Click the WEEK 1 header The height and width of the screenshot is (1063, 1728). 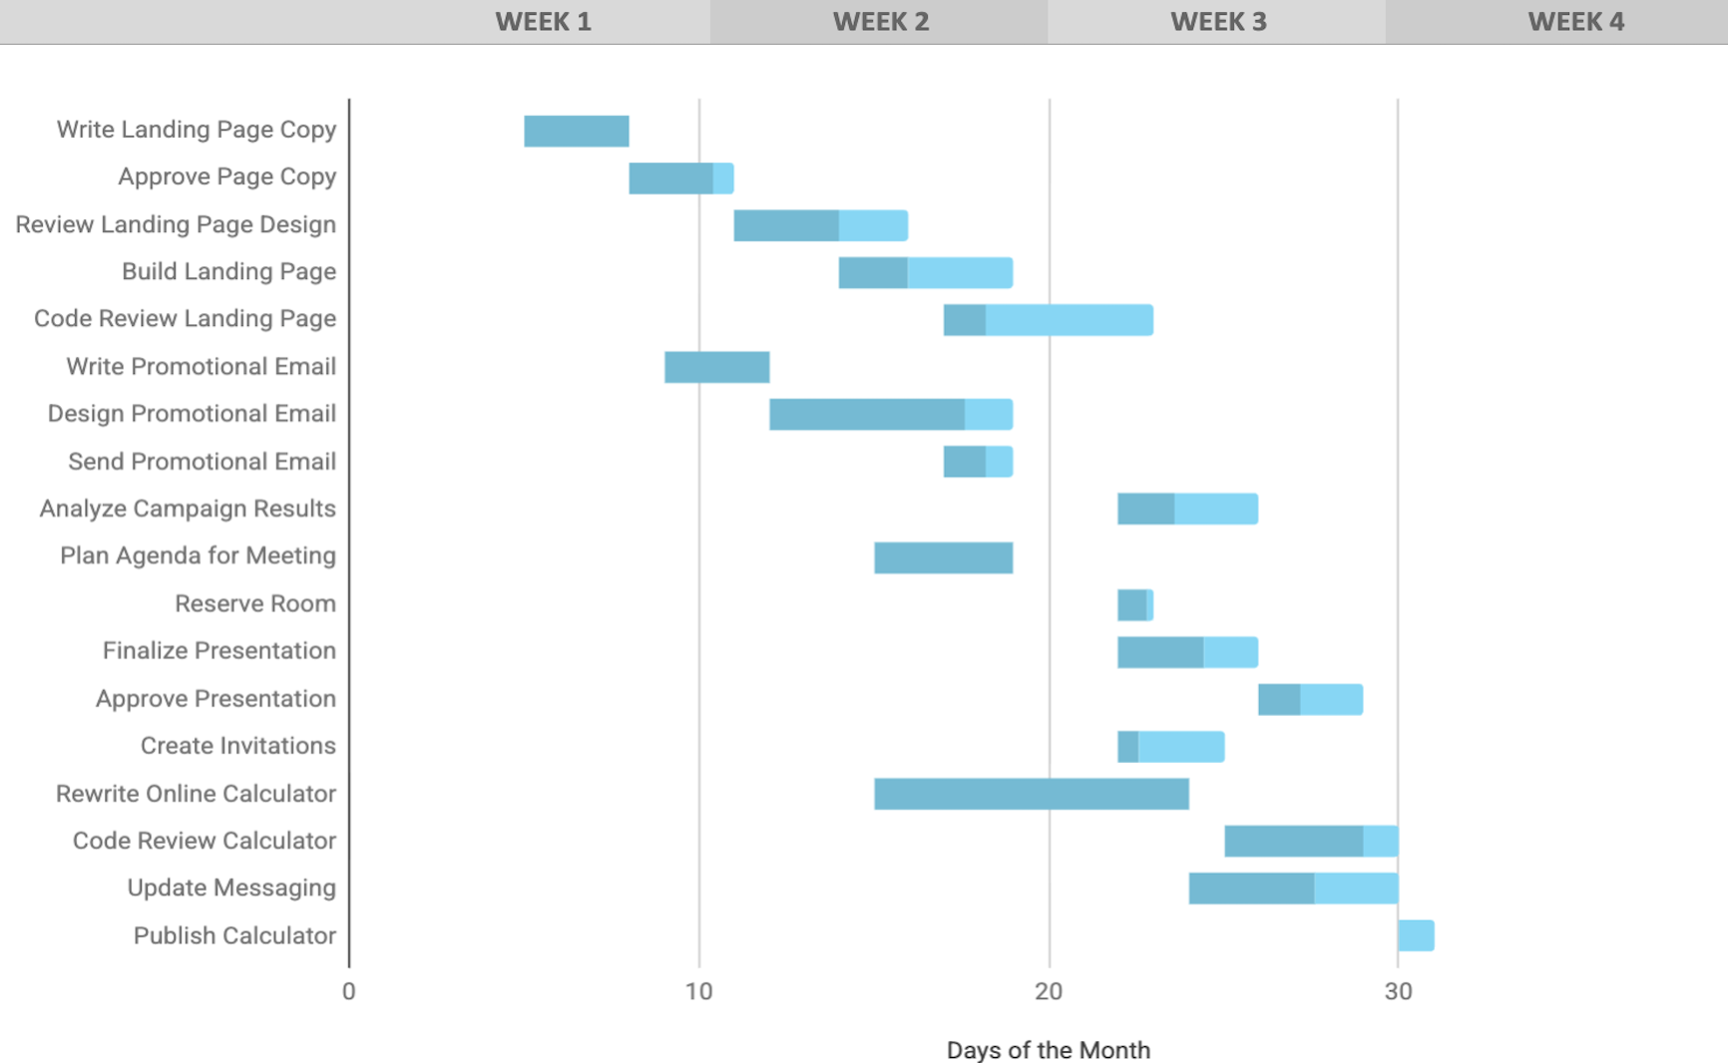[x=543, y=21]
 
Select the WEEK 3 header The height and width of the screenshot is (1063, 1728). [x=1217, y=21]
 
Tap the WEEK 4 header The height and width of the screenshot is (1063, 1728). [x=1574, y=21]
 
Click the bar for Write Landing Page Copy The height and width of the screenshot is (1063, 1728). [x=576, y=131]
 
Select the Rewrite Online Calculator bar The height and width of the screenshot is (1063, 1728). [x=1031, y=794]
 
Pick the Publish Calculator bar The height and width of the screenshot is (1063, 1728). [x=1416, y=935]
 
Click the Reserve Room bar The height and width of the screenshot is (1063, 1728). [x=1134, y=604]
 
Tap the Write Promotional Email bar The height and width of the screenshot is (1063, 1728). [x=716, y=367]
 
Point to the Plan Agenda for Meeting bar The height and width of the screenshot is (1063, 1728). [x=943, y=557]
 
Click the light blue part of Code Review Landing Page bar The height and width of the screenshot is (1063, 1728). [x=1069, y=320]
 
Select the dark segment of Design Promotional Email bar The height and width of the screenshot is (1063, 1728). [x=866, y=414]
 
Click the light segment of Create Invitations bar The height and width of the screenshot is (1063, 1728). [x=1180, y=746]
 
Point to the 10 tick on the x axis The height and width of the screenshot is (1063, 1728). [x=698, y=991]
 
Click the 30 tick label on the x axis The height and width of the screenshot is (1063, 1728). [x=1398, y=991]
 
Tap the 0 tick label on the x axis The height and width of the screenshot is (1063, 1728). [x=348, y=991]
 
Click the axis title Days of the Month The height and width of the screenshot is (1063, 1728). [x=1048, y=1050]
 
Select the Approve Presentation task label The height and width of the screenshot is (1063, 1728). [x=216, y=698]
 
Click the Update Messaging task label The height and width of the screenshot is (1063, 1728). [x=231, y=887]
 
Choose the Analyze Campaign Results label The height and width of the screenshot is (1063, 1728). [x=188, y=509]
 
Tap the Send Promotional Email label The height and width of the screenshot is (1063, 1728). [x=202, y=462]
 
